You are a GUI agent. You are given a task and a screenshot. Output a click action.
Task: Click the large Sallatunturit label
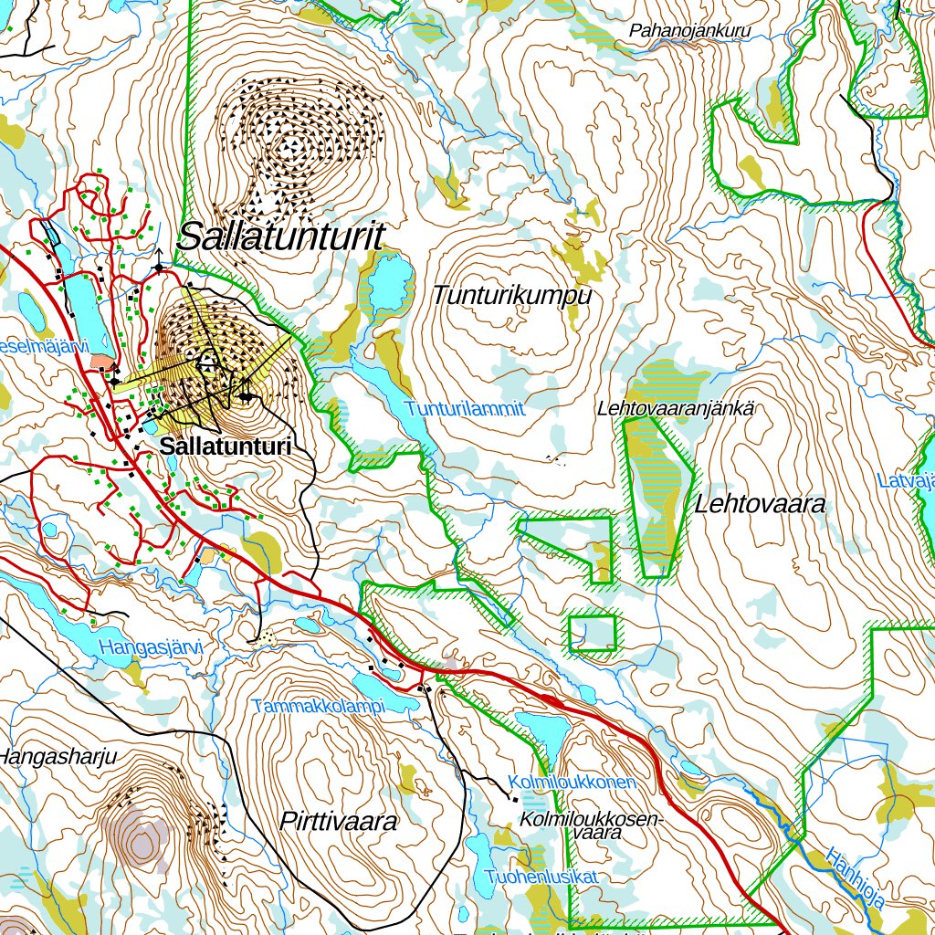coord(279,237)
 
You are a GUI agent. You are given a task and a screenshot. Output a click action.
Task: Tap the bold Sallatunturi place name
coord(225,446)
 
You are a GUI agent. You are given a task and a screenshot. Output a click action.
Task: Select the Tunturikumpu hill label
coord(511,296)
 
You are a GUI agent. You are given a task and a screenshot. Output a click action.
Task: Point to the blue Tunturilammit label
coord(466,409)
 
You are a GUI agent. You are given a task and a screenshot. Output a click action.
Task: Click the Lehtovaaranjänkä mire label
coord(676,409)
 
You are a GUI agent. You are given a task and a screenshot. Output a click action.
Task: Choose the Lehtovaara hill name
coord(760,504)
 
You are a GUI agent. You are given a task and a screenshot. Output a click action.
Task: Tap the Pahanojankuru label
coord(689,31)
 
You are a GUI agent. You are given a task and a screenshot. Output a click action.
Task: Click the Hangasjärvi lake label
coord(150,648)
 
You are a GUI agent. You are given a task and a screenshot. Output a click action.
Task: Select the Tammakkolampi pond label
coord(319,707)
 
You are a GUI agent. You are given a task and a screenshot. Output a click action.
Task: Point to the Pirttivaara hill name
coord(339,822)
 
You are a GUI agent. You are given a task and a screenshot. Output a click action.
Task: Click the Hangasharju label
coord(59,756)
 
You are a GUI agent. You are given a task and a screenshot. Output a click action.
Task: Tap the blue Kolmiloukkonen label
coord(572,783)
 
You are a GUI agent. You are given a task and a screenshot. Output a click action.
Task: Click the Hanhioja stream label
coord(856,878)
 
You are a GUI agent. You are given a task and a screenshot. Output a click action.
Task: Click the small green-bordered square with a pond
coord(593,632)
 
